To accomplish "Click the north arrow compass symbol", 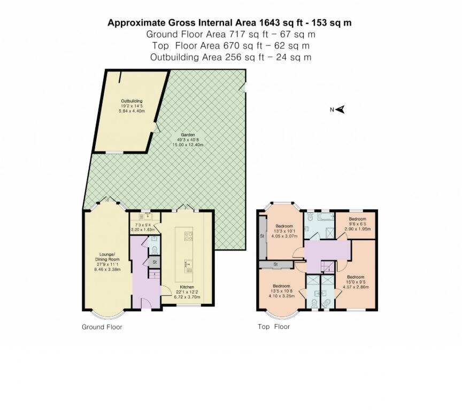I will tap(338, 109).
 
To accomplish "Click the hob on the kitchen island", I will tap(188, 235).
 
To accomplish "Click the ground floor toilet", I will tap(154, 250).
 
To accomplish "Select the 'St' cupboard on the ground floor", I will tap(154, 262).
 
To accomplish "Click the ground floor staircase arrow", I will tap(153, 277).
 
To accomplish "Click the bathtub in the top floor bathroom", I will tap(320, 217).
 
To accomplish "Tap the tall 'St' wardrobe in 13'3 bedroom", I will tap(262, 236).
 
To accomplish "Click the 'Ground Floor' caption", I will tap(102, 327).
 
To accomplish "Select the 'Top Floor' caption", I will tap(274, 327).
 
